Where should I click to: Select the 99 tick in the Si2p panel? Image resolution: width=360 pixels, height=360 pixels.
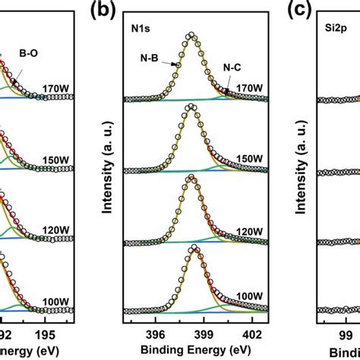pos(343,332)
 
